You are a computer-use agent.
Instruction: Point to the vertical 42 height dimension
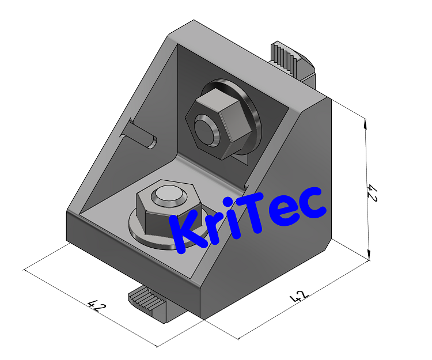[372, 193]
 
